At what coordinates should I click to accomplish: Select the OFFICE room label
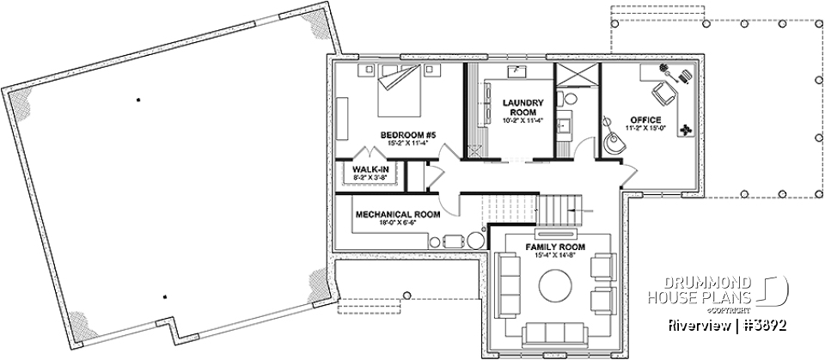click(x=645, y=119)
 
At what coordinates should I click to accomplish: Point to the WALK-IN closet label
click(x=364, y=169)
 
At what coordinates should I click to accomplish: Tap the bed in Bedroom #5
click(x=399, y=93)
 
